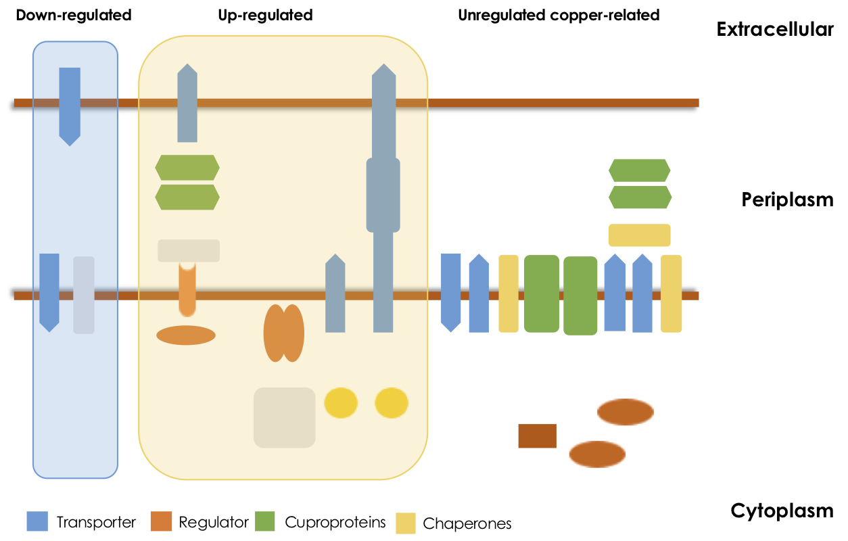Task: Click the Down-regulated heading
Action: (x=73, y=15)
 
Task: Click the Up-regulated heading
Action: (x=265, y=15)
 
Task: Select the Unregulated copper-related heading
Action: (x=559, y=15)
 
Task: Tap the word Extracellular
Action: (x=775, y=30)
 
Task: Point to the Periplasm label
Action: (x=787, y=200)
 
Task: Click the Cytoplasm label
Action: (x=782, y=511)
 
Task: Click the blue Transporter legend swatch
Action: (x=37, y=521)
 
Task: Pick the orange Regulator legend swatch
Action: (x=160, y=521)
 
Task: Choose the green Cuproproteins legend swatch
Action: (x=266, y=521)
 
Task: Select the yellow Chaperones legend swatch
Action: (x=405, y=523)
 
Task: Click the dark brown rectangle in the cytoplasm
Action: (x=537, y=436)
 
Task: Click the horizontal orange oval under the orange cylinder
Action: (x=186, y=335)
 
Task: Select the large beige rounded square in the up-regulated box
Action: (x=285, y=417)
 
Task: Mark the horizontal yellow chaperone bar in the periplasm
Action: (x=639, y=235)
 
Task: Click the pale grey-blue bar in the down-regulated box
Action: (x=84, y=295)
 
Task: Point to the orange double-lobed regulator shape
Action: (x=283, y=333)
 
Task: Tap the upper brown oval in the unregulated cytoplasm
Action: (x=626, y=412)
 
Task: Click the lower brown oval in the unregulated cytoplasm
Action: (x=597, y=454)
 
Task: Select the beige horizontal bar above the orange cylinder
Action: (x=189, y=250)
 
